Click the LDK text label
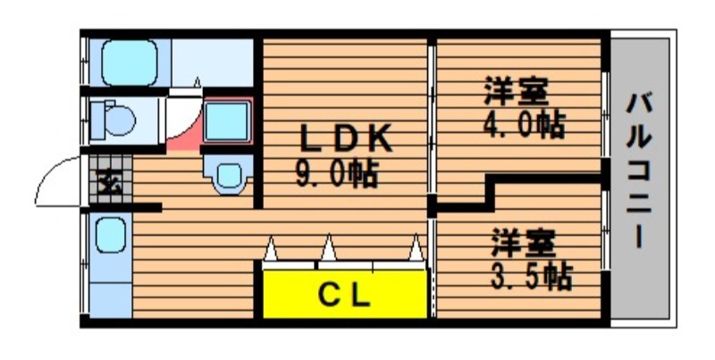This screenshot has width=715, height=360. (346, 138)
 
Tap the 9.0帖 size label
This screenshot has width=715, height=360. (337, 174)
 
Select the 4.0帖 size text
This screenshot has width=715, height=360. (524, 124)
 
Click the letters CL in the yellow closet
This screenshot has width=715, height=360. (344, 297)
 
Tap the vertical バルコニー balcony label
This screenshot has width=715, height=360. (640, 171)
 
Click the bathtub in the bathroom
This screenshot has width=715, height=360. (130, 63)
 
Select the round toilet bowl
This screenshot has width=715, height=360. (120, 121)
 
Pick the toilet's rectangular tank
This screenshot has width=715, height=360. (97, 121)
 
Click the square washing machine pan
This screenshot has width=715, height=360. (227, 121)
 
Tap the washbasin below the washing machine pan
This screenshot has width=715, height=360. (229, 174)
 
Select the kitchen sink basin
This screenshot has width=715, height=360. (111, 234)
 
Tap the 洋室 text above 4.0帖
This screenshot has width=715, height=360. (517, 91)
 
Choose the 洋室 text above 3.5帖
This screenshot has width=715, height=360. (523, 243)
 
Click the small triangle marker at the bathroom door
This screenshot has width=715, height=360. (198, 82)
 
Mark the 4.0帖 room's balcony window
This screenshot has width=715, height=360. (605, 114)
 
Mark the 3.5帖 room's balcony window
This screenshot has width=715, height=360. (605, 230)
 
